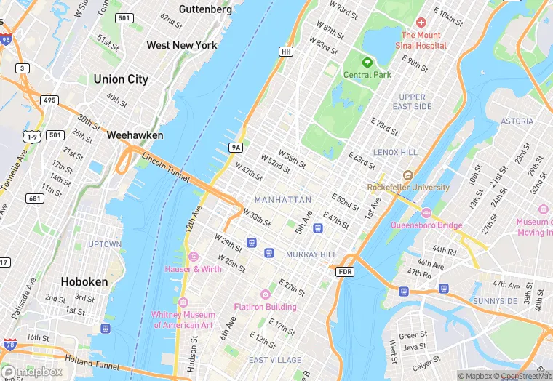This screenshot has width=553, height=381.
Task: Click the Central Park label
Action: pyautogui.click(x=367, y=75)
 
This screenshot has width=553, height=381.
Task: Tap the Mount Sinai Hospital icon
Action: pyautogui.click(x=421, y=23)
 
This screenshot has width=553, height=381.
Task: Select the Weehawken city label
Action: pyautogui.click(x=135, y=135)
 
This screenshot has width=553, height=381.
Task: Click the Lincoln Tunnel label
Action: pyautogui.click(x=165, y=167)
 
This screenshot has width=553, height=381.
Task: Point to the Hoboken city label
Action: pyautogui.click(x=84, y=281)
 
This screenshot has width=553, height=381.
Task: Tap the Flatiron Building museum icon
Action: pyautogui.click(x=265, y=294)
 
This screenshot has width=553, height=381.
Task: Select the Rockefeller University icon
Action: pyautogui.click(x=407, y=175)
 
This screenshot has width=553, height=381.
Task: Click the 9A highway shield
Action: pyautogui.click(x=235, y=148)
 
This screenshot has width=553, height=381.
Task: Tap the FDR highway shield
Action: pyautogui.click(x=345, y=271)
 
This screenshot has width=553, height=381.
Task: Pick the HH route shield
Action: pyautogui.click(x=286, y=52)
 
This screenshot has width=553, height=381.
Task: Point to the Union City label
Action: pyautogui.click(x=121, y=79)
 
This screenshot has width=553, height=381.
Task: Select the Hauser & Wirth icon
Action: pyautogui.click(x=193, y=257)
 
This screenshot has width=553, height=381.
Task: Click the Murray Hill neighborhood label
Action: pyautogui.click(x=311, y=254)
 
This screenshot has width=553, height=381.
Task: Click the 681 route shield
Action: pyautogui.click(x=33, y=198)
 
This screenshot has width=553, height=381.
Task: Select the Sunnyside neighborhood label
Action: pyautogui.click(x=495, y=301)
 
